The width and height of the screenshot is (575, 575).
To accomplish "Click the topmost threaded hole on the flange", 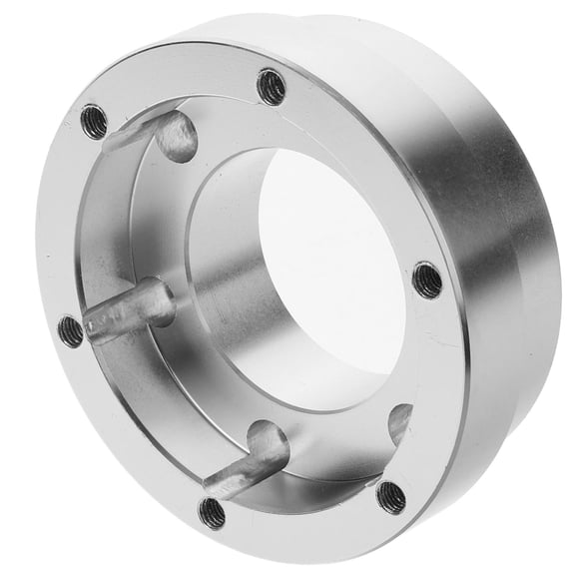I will pos(271,87).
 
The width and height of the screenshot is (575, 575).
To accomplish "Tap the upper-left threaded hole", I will pos(94,121).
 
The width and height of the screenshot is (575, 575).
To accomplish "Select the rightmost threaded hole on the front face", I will pos(427,280).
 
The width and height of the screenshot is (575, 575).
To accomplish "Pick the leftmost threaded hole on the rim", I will pos(71,330).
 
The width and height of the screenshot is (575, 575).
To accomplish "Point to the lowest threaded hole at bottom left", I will pos(212,512).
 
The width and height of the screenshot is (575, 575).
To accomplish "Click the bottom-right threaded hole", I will pos(390,496).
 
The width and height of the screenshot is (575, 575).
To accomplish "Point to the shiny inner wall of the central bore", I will pos(225,260).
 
